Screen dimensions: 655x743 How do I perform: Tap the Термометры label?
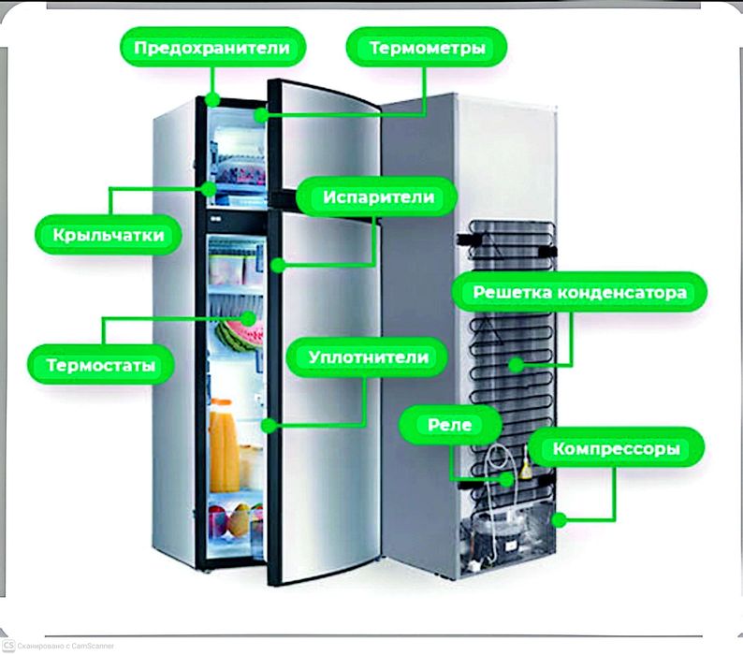tap(427, 47)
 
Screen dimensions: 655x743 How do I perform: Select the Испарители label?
tap(379, 197)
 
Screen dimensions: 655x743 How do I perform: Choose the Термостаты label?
tap(101, 364)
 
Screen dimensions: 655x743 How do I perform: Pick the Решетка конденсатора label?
tap(579, 293)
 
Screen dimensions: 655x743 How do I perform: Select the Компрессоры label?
tap(615, 449)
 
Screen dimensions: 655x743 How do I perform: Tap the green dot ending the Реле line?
tap(506, 479)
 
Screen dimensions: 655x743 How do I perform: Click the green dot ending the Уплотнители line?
tap(269, 425)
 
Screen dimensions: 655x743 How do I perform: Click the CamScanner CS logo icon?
tap(8, 645)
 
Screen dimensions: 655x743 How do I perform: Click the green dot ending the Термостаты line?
tap(250, 318)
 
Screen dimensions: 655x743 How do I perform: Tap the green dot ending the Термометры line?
tap(259, 117)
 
